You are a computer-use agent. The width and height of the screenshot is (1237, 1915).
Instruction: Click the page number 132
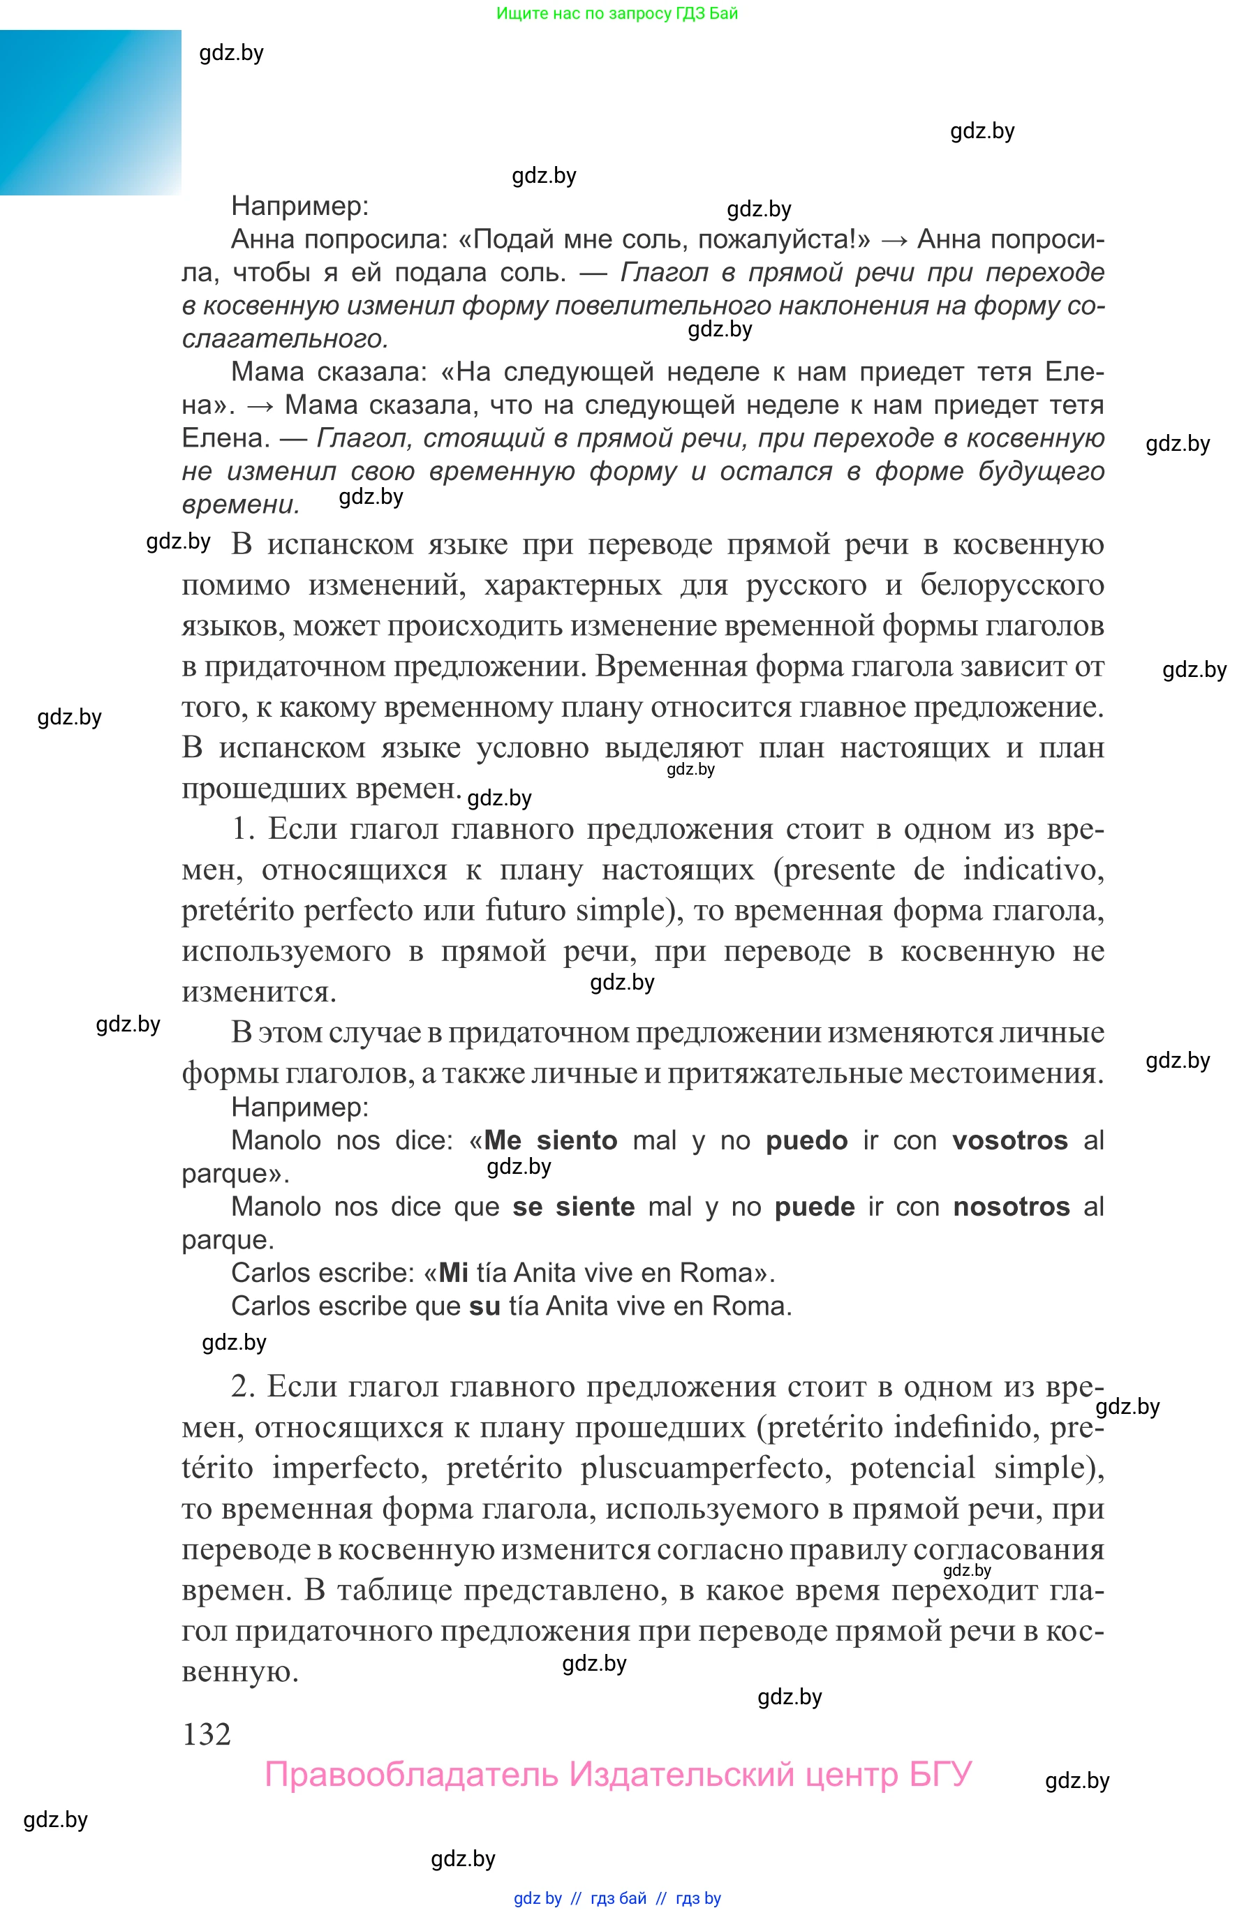click(x=207, y=1734)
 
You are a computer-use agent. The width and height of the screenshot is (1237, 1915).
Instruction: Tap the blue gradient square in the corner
click(x=90, y=112)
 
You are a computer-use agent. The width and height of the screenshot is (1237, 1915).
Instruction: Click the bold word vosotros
click(x=1009, y=1141)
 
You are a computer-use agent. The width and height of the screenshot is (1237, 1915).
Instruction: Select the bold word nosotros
click(x=1011, y=1207)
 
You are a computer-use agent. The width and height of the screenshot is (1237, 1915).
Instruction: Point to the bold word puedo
click(x=806, y=1141)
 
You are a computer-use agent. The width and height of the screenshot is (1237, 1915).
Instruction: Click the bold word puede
click(x=815, y=1207)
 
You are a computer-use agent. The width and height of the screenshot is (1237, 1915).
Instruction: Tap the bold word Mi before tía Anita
click(x=454, y=1273)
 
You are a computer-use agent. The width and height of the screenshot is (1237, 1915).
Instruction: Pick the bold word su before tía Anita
click(x=484, y=1306)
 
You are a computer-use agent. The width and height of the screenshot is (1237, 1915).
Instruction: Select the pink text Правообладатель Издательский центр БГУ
click(x=618, y=1775)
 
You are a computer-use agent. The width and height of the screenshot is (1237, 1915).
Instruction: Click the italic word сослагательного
click(x=285, y=339)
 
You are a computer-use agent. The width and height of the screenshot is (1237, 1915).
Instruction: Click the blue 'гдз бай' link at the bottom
click(x=618, y=1898)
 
